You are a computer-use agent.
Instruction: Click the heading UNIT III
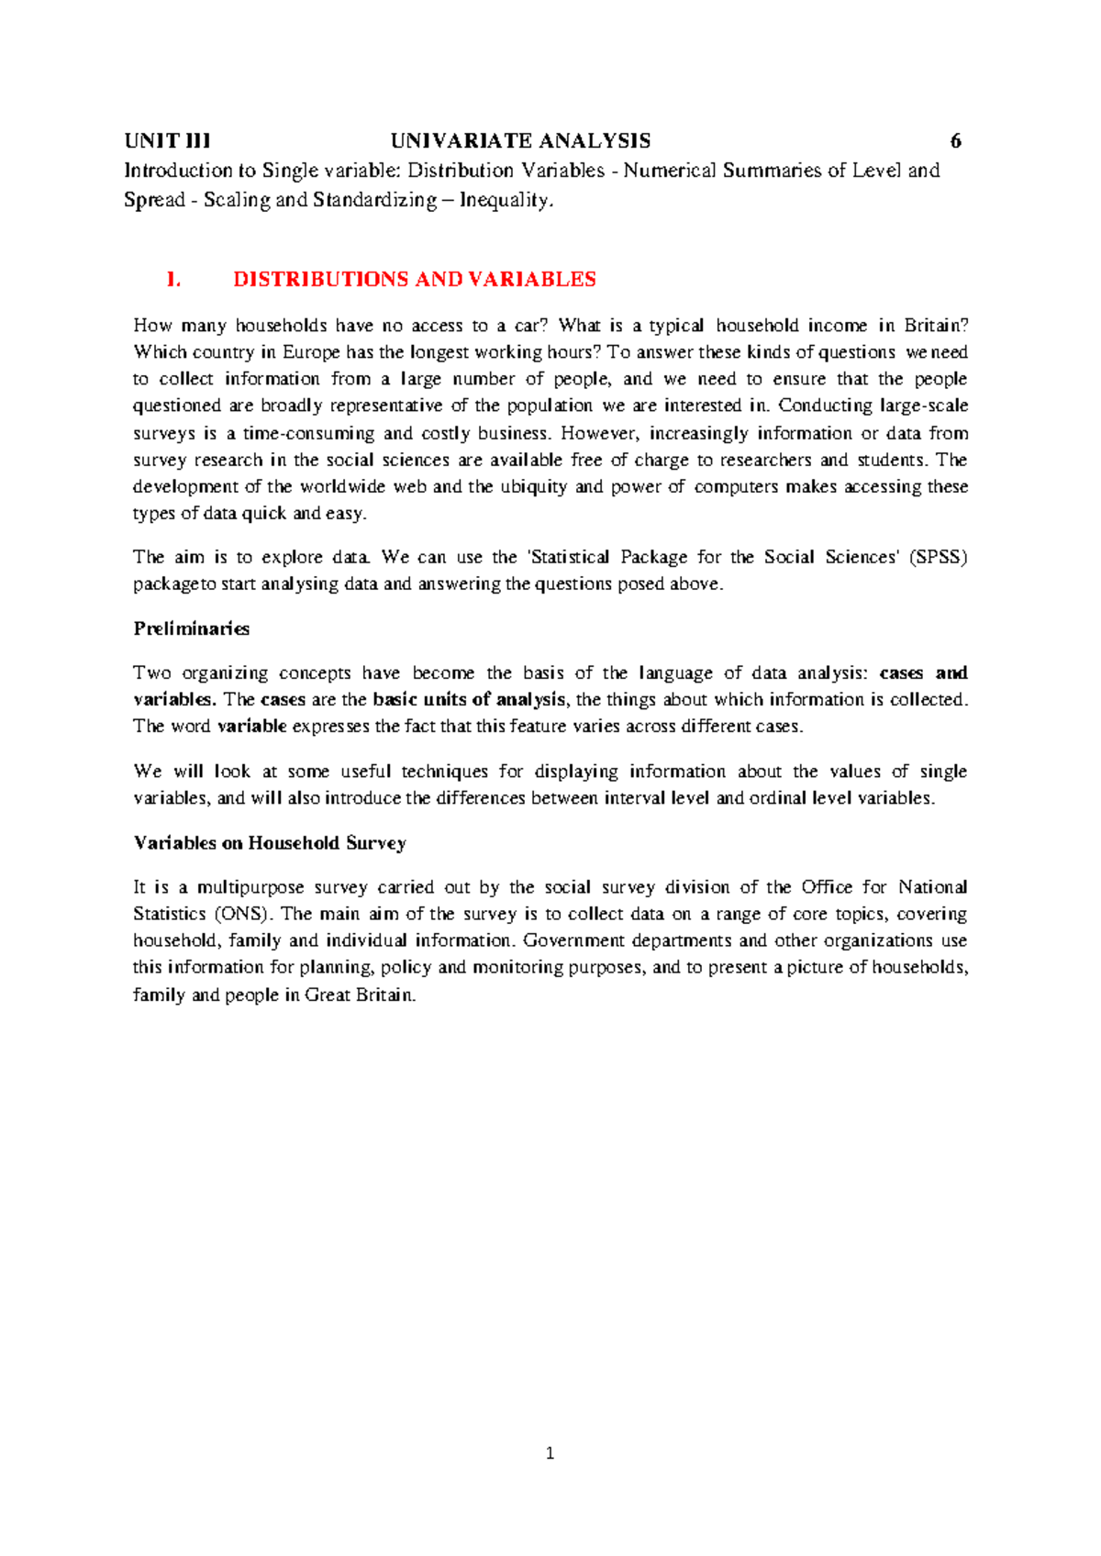point(167,141)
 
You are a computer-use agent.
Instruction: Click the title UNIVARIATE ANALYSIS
point(520,141)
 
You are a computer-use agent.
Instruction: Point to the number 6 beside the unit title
point(955,141)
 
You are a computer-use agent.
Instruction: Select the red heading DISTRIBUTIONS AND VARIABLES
point(415,280)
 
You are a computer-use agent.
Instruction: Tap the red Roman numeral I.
point(172,280)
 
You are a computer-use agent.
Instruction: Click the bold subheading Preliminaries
point(191,629)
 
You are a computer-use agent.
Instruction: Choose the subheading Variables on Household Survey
point(270,843)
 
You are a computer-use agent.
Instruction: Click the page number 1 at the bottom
point(550,1453)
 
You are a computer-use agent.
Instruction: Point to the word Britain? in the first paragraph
point(936,326)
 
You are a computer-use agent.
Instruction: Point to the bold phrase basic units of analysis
point(469,700)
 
